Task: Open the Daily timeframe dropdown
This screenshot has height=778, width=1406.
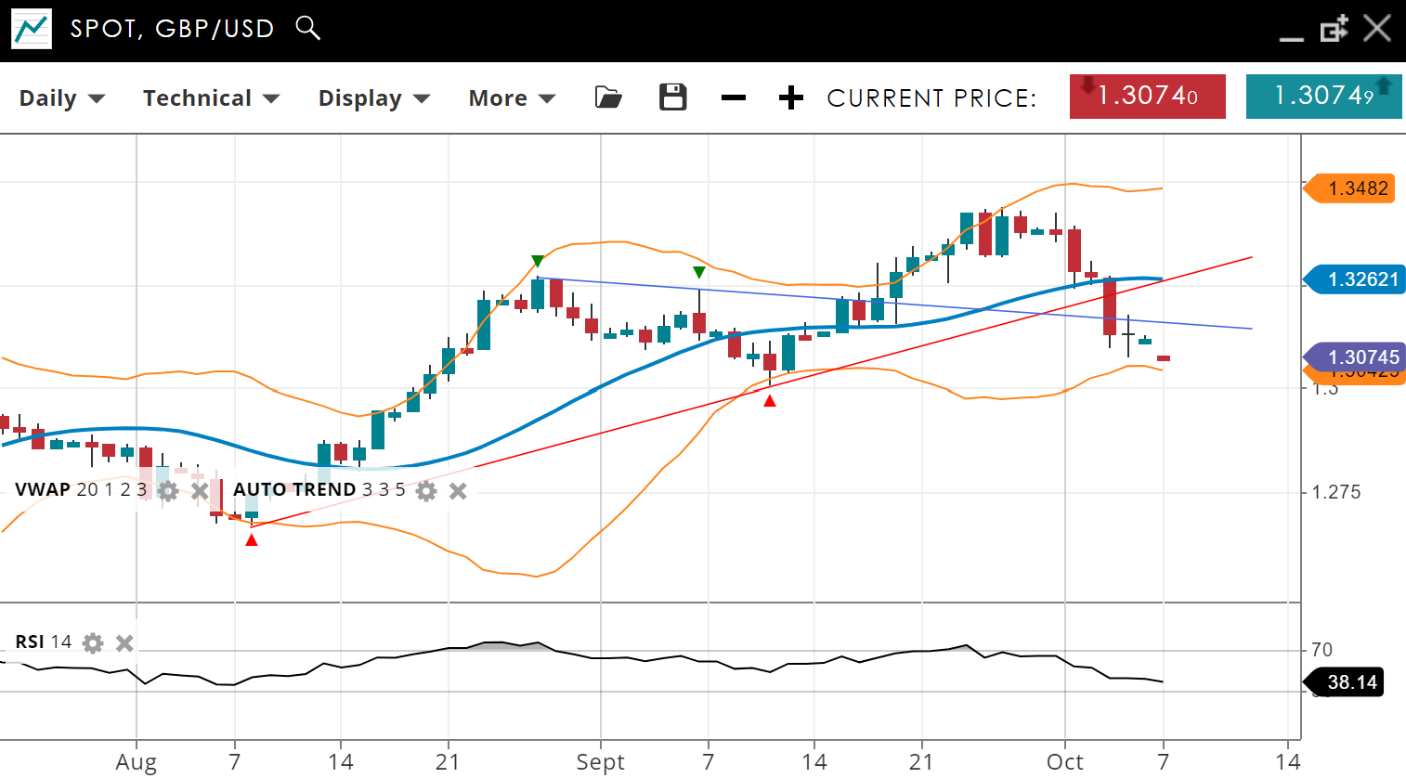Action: pyautogui.click(x=61, y=97)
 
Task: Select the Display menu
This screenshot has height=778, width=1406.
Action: pyautogui.click(x=373, y=97)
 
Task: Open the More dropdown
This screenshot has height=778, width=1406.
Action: pyautogui.click(x=511, y=97)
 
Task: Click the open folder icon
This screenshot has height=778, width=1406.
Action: pyautogui.click(x=608, y=97)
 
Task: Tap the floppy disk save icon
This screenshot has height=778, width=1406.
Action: pyautogui.click(x=672, y=97)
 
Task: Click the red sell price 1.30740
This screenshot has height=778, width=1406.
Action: pyautogui.click(x=1147, y=96)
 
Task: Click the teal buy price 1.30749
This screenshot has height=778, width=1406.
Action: pyautogui.click(x=1323, y=96)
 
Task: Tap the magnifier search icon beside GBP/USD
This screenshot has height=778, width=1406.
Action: pyautogui.click(x=307, y=28)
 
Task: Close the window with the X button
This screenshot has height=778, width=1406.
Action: pyautogui.click(x=1377, y=28)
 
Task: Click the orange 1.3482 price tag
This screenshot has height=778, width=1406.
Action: pyautogui.click(x=1357, y=188)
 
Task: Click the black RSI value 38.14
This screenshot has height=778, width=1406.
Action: pyautogui.click(x=1351, y=682)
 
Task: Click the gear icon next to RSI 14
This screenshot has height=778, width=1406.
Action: pyautogui.click(x=93, y=642)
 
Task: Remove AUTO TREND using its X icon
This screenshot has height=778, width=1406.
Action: pyautogui.click(x=458, y=490)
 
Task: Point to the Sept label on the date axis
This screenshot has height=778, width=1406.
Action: pyautogui.click(x=600, y=762)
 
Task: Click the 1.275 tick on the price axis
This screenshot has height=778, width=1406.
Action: pyautogui.click(x=1335, y=492)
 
